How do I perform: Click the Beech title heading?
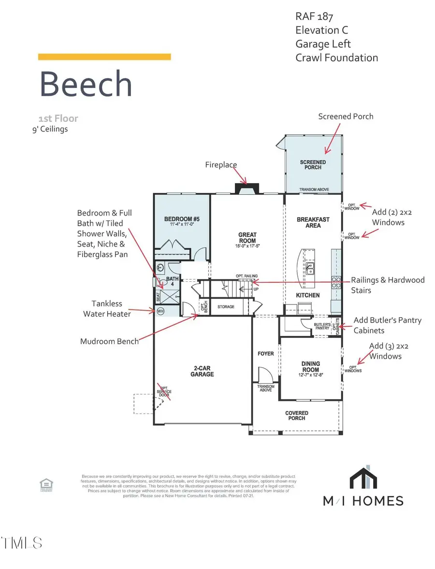[86, 84]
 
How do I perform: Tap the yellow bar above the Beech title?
[104, 57]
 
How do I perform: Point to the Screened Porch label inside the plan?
[313, 165]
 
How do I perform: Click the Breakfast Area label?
[313, 222]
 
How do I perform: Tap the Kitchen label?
[308, 295]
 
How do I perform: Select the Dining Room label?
[311, 366]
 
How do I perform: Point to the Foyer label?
[265, 354]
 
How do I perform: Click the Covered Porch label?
[297, 416]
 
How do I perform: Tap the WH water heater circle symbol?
[160, 311]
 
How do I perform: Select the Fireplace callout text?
[220, 165]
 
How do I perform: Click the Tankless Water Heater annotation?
[107, 308]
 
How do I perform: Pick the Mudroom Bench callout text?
[109, 341]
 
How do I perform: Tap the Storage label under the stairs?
[226, 307]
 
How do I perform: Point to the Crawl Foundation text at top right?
[336, 58]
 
